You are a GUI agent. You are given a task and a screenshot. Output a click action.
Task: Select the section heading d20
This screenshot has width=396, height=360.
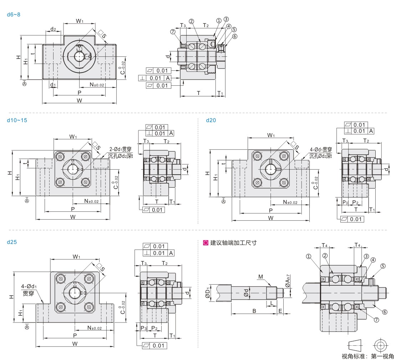pyautogui.click(x=211, y=120)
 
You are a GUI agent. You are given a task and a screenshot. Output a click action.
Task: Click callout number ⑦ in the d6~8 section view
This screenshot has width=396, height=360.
pyautogui.click(x=173, y=32)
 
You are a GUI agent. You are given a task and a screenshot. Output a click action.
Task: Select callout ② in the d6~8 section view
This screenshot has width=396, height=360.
pyautogui.click(x=191, y=21)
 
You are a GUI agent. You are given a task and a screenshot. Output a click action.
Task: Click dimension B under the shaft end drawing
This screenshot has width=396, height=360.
pyautogui.click(x=254, y=311)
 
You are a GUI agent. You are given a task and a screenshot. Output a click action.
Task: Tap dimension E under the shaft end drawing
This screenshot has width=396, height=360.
pyautogui.click(x=280, y=311)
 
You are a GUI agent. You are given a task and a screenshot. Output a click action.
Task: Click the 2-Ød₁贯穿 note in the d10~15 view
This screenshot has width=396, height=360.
pyautogui.click(x=120, y=150)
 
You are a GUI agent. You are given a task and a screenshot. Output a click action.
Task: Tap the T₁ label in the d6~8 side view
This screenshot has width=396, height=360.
pyautogui.click(x=220, y=94)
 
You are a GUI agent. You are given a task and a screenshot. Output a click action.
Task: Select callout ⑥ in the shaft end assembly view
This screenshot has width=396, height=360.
pyautogui.click(x=385, y=311)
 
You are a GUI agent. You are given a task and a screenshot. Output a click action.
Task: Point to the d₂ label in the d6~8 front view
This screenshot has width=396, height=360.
pyautogui.click(x=53, y=29)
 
